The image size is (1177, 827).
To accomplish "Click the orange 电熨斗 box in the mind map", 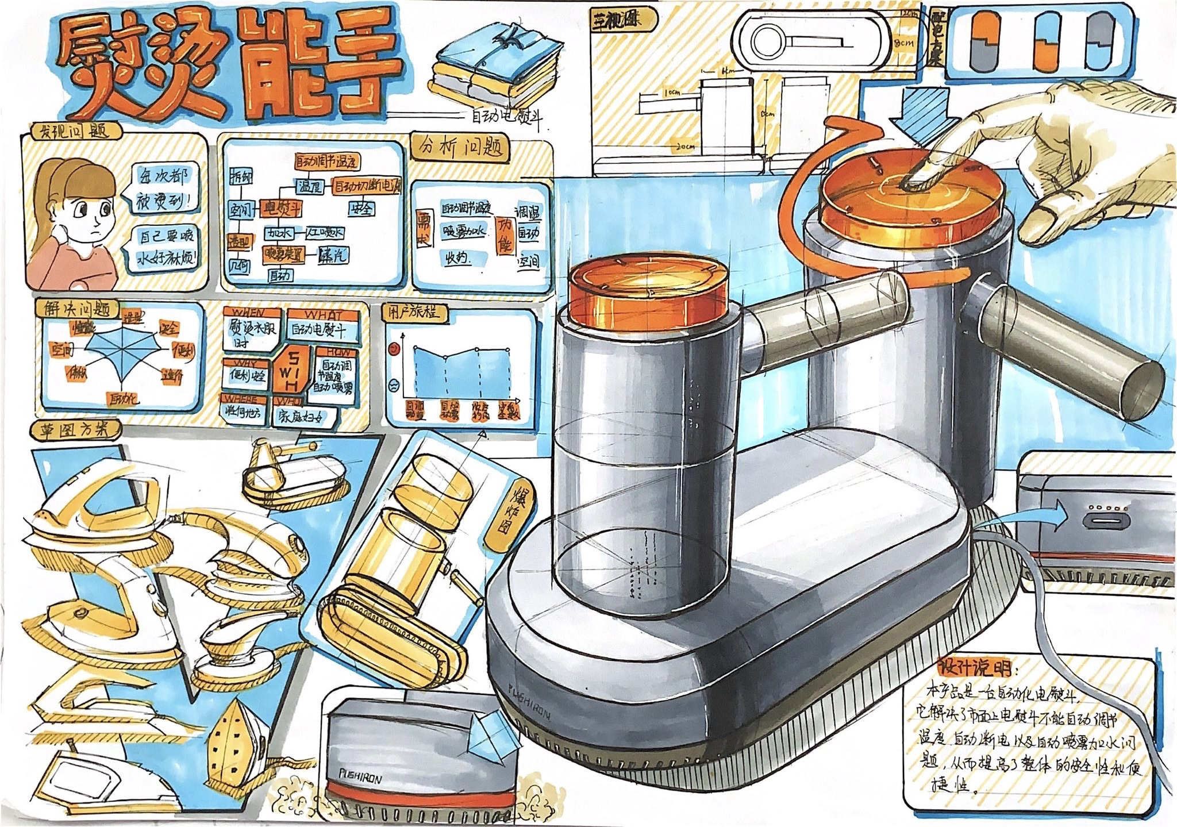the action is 282,208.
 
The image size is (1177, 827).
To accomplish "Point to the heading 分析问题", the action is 460,148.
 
